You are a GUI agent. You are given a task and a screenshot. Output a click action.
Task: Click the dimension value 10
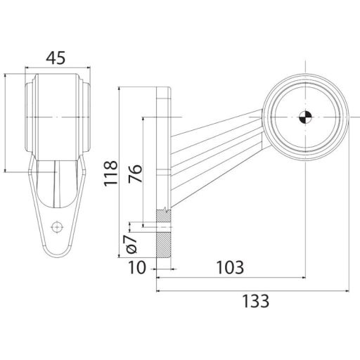[x=137, y=268]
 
